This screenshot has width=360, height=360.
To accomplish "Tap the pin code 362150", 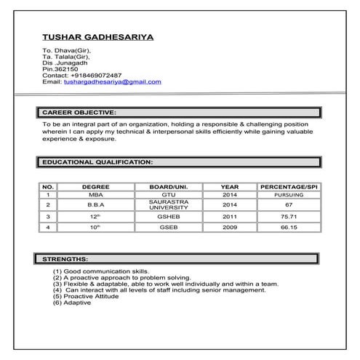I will (64, 68).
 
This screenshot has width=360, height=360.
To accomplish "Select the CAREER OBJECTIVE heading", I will (79, 113).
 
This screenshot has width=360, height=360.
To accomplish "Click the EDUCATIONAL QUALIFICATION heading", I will (97, 161).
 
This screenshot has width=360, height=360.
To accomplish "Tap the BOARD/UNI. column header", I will (169, 187).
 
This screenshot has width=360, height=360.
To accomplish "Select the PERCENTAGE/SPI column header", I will (289, 187).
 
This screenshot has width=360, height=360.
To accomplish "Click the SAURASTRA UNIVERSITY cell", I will (169, 205).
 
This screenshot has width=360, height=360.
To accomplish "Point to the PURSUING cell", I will (289, 195).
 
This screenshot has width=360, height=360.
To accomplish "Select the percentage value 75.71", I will (289, 216).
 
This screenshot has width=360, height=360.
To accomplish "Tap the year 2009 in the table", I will (230, 227).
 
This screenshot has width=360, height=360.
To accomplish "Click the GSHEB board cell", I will (169, 216).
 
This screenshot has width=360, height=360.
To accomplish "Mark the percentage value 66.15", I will (289, 227).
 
